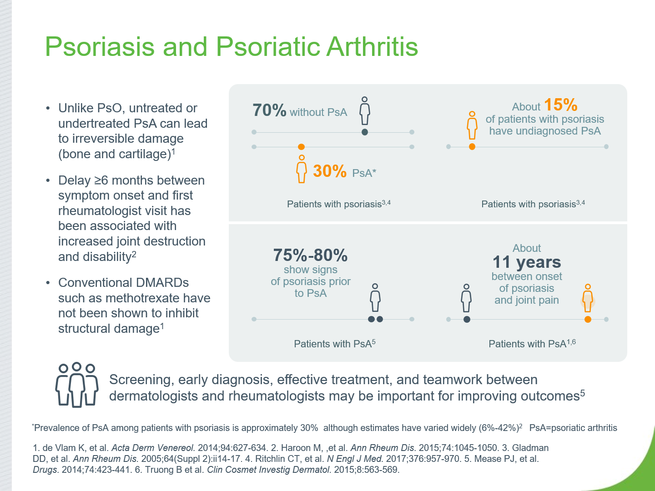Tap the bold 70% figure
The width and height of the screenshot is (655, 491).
click(x=269, y=110)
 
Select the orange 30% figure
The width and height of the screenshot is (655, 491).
click(x=330, y=171)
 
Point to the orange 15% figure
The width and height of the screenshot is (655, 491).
click(x=561, y=105)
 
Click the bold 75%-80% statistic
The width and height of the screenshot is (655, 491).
click(x=310, y=255)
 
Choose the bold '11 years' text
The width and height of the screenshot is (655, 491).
click(x=527, y=262)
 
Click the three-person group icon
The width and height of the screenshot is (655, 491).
click(x=77, y=385)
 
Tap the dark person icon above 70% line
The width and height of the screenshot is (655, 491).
click(x=365, y=110)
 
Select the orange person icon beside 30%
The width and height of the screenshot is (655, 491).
click(x=302, y=169)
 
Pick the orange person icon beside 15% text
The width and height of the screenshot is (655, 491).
click(x=472, y=125)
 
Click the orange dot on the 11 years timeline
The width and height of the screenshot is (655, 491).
click(x=588, y=319)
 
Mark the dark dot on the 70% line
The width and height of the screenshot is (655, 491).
click(x=365, y=132)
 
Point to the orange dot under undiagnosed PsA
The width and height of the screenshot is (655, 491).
click(x=472, y=147)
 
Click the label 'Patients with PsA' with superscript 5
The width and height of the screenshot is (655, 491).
click(x=334, y=343)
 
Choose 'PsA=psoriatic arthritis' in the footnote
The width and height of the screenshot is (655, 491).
click(x=573, y=428)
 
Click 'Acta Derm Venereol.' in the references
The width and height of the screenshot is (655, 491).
click(x=153, y=448)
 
